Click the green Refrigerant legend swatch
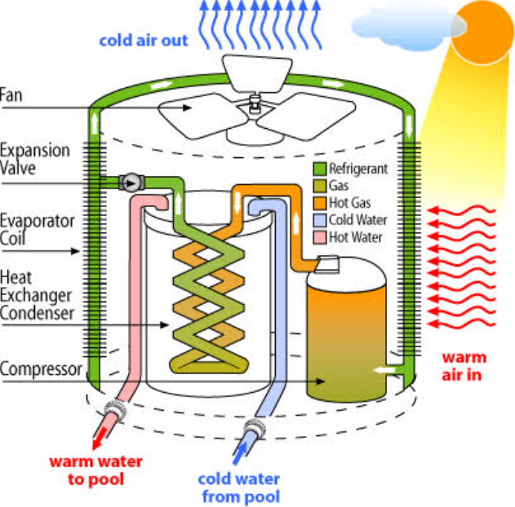click(320, 169)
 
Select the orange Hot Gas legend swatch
click(320, 203)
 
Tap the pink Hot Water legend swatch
click(320, 237)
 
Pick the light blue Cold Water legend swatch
click(320, 220)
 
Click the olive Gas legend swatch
click(320, 186)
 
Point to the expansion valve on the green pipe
click(131, 183)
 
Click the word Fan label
click(11, 95)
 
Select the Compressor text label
click(41, 369)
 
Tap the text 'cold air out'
click(144, 41)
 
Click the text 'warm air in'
click(463, 366)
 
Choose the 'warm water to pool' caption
click(95, 470)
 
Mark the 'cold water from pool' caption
click(239, 487)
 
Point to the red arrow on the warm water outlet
click(100, 437)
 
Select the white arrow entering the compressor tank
click(384, 370)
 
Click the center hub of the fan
click(254, 104)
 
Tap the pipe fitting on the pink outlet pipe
click(116, 410)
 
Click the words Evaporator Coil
click(37, 230)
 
